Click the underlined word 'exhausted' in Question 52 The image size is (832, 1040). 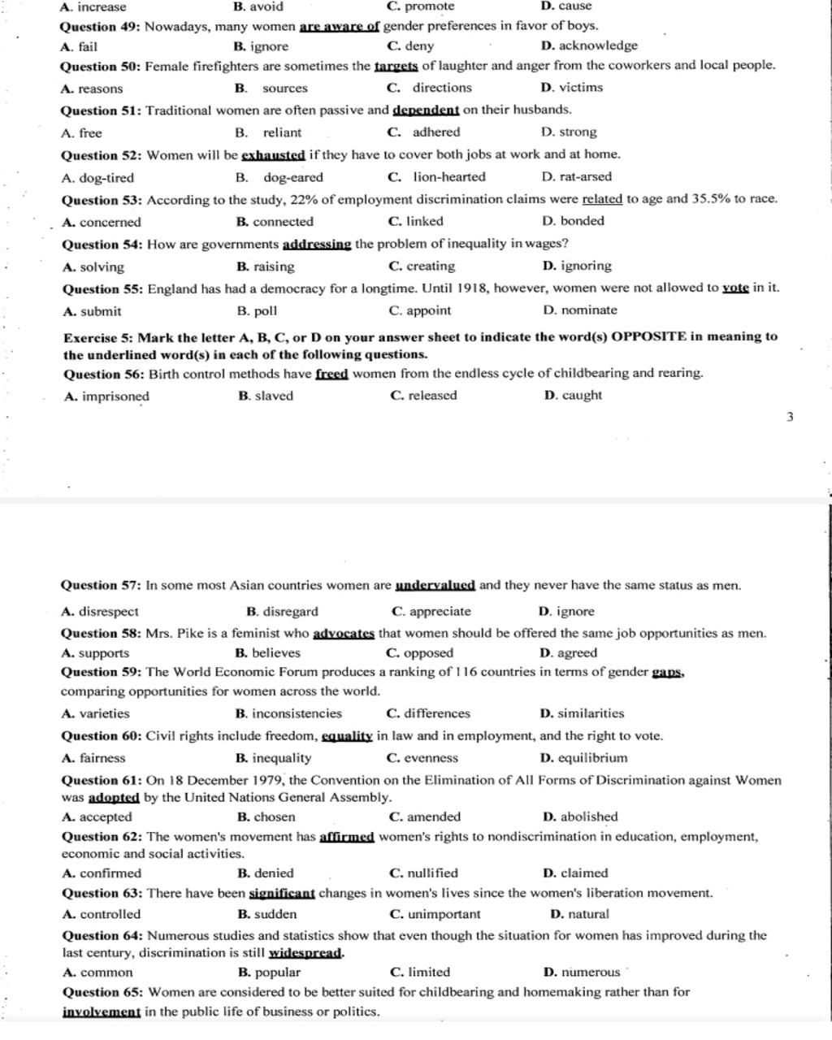click(x=273, y=154)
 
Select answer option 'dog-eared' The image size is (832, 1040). click(x=292, y=177)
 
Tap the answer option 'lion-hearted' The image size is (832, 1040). click(x=448, y=177)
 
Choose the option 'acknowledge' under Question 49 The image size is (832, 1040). click(x=598, y=46)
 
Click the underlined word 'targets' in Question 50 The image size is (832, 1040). click(x=396, y=66)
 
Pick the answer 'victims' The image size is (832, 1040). click(x=581, y=88)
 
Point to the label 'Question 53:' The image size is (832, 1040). click(x=102, y=200)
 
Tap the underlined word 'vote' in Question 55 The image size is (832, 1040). click(x=735, y=288)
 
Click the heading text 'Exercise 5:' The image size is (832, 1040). click(x=98, y=336)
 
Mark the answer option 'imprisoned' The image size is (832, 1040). click(x=115, y=396)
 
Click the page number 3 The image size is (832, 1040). click(x=790, y=418)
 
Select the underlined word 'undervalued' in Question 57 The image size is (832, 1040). click(x=435, y=585)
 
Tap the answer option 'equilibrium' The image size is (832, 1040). click(x=593, y=759)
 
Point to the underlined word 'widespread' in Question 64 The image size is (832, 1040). click(x=305, y=953)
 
